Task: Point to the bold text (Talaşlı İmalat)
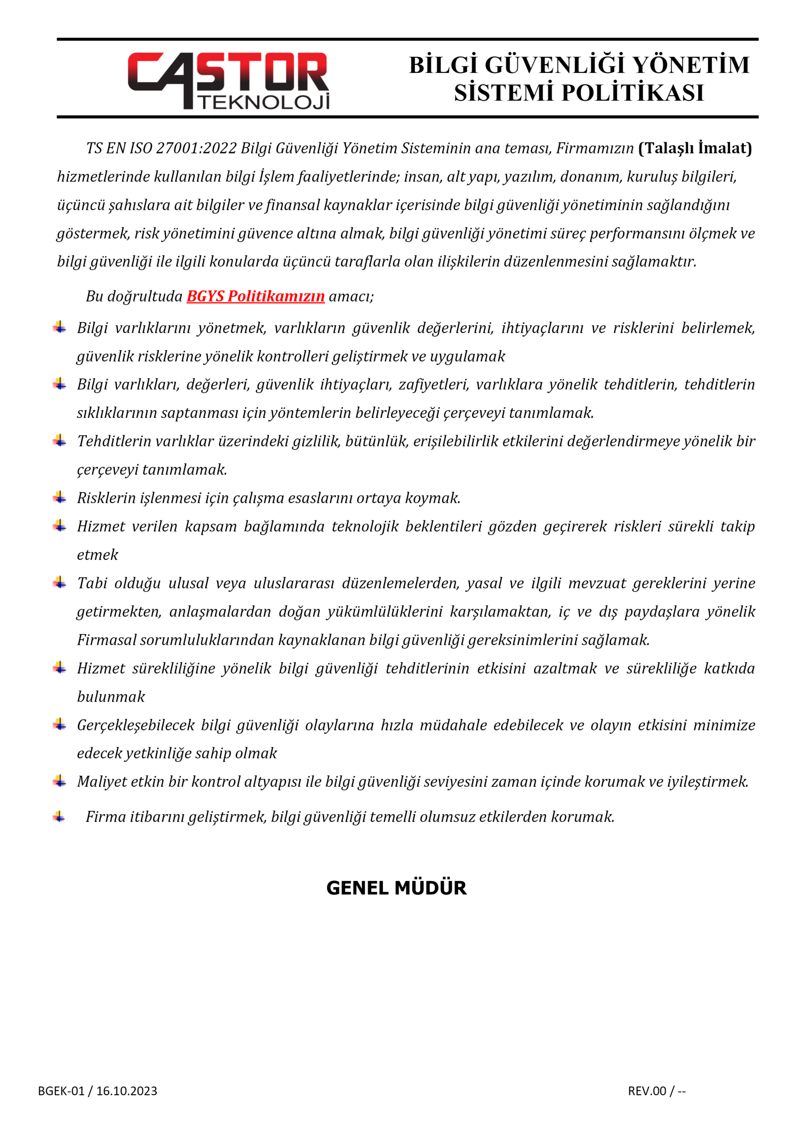click(x=695, y=148)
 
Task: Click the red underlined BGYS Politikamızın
click(x=256, y=296)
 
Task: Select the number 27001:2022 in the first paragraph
click(x=196, y=148)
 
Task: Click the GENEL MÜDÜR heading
click(x=396, y=888)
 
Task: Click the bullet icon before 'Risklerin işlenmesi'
click(x=60, y=497)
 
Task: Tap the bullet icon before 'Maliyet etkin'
click(x=60, y=781)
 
